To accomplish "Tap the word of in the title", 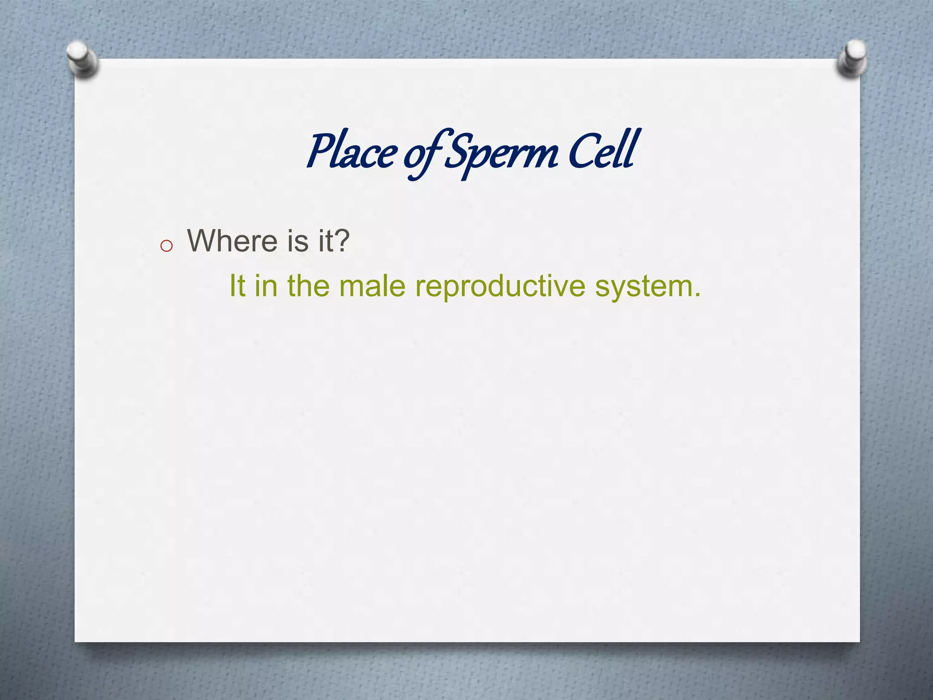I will tap(420, 155).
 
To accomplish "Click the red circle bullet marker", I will tap(167, 246).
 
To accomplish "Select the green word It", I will tap(237, 286).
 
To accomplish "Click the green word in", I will tap(266, 286).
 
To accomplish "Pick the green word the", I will tap(308, 286).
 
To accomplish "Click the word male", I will tap(372, 286).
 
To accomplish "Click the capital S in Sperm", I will tap(458, 150).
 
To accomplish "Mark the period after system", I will tap(697, 295).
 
